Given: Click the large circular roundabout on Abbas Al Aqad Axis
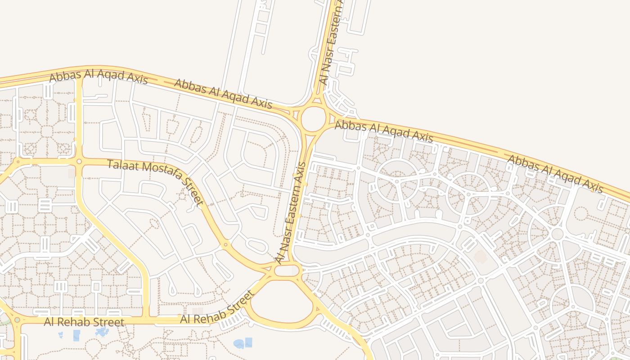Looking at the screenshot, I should click(x=313, y=119).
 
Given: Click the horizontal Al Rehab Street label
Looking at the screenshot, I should click(x=84, y=322).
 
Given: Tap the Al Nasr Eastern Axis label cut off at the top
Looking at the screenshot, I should click(x=331, y=43).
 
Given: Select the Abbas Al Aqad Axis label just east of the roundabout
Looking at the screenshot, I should click(x=384, y=131).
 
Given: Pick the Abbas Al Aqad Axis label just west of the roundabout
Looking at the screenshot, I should click(x=223, y=94).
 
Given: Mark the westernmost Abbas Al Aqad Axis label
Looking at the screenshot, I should click(x=98, y=77).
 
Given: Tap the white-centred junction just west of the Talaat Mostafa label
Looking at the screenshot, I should click(x=79, y=161).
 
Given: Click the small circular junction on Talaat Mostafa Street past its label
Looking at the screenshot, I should click(x=225, y=245).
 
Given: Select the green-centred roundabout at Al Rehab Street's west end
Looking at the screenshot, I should click(x=17, y=320).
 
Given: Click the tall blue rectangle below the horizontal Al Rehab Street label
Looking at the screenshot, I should click(x=76, y=336).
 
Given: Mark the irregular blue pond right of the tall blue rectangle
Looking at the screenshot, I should click(x=102, y=332).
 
